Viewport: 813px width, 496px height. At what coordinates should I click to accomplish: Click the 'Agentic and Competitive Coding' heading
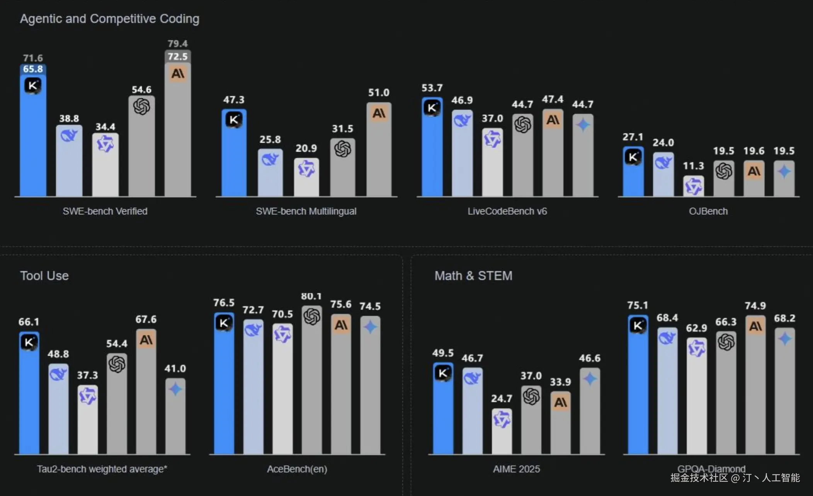click(x=110, y=19)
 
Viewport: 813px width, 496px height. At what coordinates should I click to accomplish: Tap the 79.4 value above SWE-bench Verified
click(x=177, y=44)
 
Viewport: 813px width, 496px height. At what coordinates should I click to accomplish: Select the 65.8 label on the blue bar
click(x=33, y=69)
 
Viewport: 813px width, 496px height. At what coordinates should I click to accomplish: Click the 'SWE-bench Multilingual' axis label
click(x=306, y=211)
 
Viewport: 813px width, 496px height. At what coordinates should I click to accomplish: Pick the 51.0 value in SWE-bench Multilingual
click(x=379, y=93)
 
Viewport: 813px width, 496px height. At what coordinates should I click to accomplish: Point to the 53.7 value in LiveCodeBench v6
click(x=432, y=88)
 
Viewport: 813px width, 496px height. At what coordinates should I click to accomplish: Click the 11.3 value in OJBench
click(x=693, y=166)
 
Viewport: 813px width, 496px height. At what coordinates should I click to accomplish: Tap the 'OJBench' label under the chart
click(x=708, y=211)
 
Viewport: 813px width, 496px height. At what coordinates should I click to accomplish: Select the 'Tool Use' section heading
click(x=44, y=276)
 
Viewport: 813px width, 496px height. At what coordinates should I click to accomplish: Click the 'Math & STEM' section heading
click(x=473, y=276)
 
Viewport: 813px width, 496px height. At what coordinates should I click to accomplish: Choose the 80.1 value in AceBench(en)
click(x=311, y=297)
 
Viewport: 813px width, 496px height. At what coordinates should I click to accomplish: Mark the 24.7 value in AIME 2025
click(x=502, y=399)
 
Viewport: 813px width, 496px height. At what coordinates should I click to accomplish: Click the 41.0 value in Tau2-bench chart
click(x=175, y=369)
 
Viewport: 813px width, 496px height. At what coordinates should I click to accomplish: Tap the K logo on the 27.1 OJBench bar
click(x=633, y=157)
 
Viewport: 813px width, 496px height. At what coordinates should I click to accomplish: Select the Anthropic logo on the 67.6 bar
click(x=146, y=340)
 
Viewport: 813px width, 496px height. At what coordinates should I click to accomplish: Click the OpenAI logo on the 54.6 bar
click(x=141, y=106)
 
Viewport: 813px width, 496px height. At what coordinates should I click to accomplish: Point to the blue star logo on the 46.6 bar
click(x=590, y=379)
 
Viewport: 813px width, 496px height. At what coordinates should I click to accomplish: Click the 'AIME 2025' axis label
click(x=516, y=469)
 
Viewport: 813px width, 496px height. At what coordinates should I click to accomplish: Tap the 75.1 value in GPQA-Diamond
click(x=637, y=306)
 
